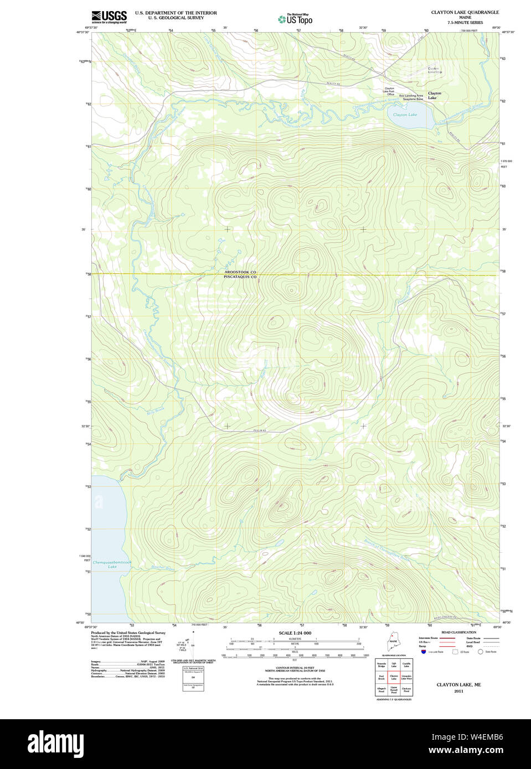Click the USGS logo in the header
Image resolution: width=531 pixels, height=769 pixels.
coord(109,17)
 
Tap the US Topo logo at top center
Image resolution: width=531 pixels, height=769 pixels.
coord(295,19)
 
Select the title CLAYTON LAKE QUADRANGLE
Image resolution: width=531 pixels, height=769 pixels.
coord(465,12)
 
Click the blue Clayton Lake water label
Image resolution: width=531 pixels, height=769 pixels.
coord(405,115)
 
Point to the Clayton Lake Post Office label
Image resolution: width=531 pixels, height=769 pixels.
coord(390,91)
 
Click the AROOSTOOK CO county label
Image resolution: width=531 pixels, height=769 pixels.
coord(240,272)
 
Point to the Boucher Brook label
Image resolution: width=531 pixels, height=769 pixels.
coord(162,568)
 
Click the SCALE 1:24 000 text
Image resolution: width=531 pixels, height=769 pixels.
coord(295,633)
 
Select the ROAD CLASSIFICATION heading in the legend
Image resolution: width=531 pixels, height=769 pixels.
coord(458,632)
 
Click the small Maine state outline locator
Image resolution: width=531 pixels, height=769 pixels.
coord(393,643)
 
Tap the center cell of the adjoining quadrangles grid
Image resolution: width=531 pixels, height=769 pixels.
coord(394,677)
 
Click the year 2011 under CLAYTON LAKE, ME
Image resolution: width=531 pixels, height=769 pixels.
coord(458,691)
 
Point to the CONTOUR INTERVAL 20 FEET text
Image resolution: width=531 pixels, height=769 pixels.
coord(295,668)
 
